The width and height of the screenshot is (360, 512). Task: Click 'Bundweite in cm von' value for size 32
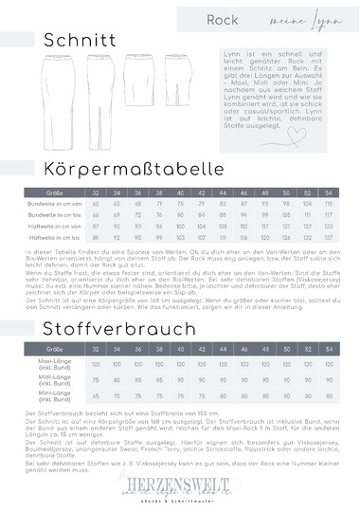[x=96, y=204]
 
